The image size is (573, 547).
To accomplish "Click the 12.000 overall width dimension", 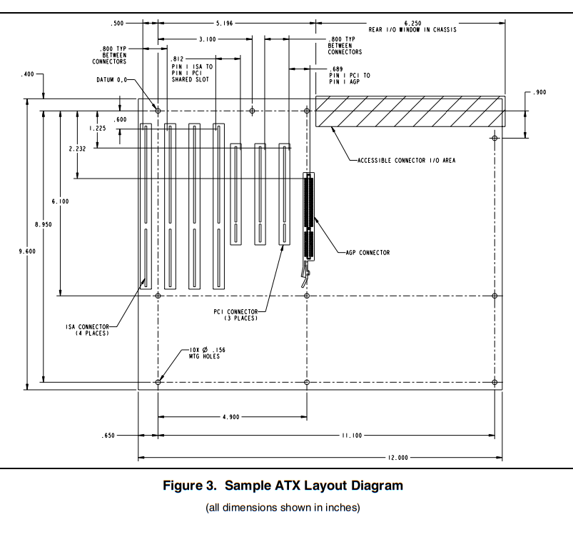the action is coord(397,458).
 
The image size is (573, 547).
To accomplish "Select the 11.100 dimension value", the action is coord(352,436).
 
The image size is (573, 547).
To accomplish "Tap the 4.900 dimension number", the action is coord(231,417).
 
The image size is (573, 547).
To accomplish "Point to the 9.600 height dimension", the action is coord(27,251).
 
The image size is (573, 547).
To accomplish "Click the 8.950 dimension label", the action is coord(43,224).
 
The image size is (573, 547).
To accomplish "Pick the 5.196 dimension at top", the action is coord(224,23).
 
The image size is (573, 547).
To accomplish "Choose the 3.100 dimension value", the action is coord(207,39).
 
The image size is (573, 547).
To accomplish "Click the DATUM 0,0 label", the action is coord(111,80).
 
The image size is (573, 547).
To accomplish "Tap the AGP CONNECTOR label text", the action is coord(367,253).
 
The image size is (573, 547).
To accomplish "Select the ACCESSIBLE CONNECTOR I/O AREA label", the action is coord(406,161).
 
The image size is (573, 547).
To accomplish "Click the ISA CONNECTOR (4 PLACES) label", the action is coord(87,330).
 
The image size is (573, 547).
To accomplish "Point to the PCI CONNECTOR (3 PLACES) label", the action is coord(235,315).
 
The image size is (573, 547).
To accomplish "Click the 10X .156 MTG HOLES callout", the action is coord(207,353).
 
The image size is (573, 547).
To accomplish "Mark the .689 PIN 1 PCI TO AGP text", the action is coord(350,75).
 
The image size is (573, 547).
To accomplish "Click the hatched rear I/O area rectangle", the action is coord(410,111).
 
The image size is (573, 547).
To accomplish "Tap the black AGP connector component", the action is coord(309,216).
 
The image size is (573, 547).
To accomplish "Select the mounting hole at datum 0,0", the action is coord(158,111).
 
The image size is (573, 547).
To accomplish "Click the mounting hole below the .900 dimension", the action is coord(495,138).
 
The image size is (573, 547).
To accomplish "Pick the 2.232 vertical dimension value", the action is coord(77,149).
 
